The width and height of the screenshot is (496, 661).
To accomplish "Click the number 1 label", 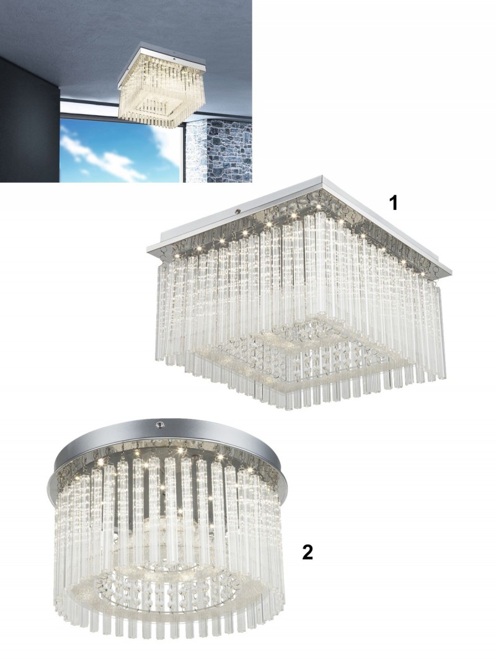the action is click(394, 203).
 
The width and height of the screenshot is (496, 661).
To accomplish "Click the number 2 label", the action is click(308, 552).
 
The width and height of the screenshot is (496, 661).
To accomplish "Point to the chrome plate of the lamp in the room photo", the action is click(162, 63).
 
